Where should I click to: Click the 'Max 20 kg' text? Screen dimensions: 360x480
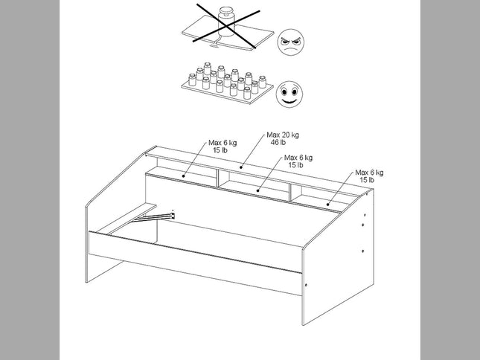point(284,135)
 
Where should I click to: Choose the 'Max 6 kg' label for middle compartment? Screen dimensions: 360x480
point(298,158)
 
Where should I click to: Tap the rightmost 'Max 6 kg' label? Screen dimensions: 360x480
point(368,173)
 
